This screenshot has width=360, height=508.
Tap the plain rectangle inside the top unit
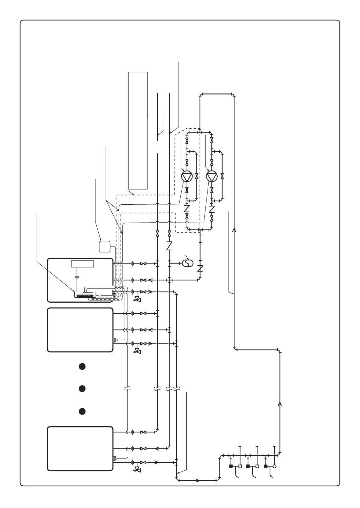tap(83, 264)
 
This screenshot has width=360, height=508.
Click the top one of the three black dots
tap(81, 366)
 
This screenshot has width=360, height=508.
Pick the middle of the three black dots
tap(81, 388)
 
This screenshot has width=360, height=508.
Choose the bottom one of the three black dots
tap(81, 411)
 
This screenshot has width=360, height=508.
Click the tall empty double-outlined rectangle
tap(138, 130)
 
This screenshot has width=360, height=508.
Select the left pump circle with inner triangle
tap(187, 177)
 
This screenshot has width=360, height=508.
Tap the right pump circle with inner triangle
tap(211, 177)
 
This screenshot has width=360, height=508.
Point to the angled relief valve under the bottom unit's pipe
tap(137, 470)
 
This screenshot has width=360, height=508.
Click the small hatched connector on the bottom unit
tap(115, 459)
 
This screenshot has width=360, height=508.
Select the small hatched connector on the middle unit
tap(115, 340)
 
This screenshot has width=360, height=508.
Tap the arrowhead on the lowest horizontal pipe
tap(198, 480)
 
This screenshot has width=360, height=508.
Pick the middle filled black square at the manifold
tap(248, 466)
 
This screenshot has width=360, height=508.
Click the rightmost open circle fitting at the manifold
tap(275, 466)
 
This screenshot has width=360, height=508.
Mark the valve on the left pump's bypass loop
tap(197, 176)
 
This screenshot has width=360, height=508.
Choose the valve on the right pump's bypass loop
tap(222, 176)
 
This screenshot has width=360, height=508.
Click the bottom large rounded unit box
tap(80, 448)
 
